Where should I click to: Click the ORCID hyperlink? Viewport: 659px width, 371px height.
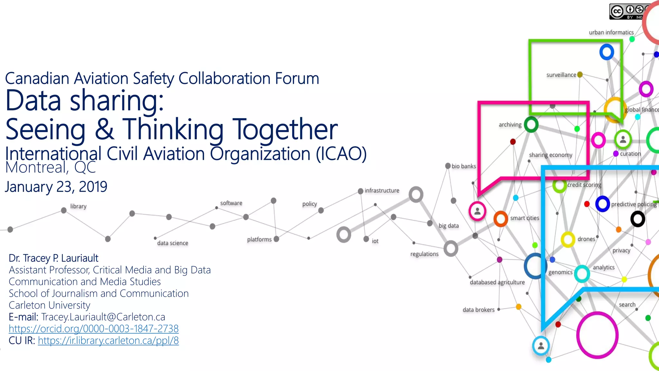pyautogui.click(x=93, y=329)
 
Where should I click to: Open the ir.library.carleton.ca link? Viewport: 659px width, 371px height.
pyautogui.click(x=108, y=341)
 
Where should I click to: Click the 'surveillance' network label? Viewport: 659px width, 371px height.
pyautogui.click(x=561, y=75)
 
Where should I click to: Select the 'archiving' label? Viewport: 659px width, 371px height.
pyautogui.click(x=510, y=125)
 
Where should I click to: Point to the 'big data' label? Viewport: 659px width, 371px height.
pyautogui.click(x=449, y=226)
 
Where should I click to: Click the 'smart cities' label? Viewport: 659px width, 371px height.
pyautogui.click(x=524, y=218)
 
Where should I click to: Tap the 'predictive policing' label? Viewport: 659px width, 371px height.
pyautogui.click(x=634, y=204)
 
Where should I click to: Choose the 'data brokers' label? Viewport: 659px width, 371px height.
pyautogui.click(x=478, y=310)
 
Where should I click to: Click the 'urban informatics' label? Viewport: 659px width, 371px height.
pyautogui.click(x=611, y=33)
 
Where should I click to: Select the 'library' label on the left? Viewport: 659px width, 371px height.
pyautogui.click(x=78, y=206)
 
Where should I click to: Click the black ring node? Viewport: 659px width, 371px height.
pyautogui.click(x=637, y=219)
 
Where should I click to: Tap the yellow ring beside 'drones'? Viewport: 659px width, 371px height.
pyautogui.click(x=568, y=240)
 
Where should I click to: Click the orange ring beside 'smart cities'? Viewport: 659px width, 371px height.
pyautogui.click(x=501, y=219)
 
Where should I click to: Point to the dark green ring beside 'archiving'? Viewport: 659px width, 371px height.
pyautogui.click(x=531, y=125)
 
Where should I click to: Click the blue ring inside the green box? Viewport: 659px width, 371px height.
pyautogui.click(x=607, y=52)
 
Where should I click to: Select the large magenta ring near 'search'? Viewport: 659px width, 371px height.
pyautogui.click(x=597, y=335)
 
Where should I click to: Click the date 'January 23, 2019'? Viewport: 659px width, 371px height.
pyautogui.click(x=56, y=187)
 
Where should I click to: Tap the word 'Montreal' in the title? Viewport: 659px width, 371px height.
pyautogui.click(x=35, y=167)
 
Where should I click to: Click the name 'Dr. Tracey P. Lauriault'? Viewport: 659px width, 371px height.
pyautogui.click(x=53, y=258)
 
